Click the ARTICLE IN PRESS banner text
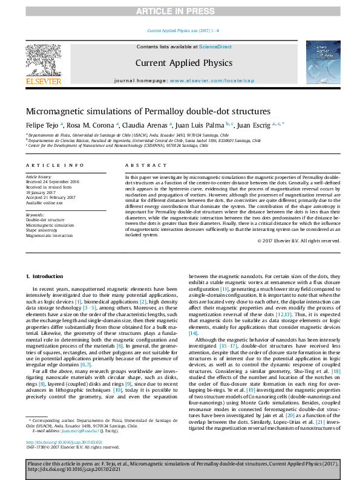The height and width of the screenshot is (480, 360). (180, 11)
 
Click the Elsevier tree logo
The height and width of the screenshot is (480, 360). (43, 60)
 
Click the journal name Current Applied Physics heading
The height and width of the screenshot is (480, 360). (183, 62)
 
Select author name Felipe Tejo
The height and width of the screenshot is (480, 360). (40, 125)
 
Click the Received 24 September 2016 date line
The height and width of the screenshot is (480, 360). (53, 181)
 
